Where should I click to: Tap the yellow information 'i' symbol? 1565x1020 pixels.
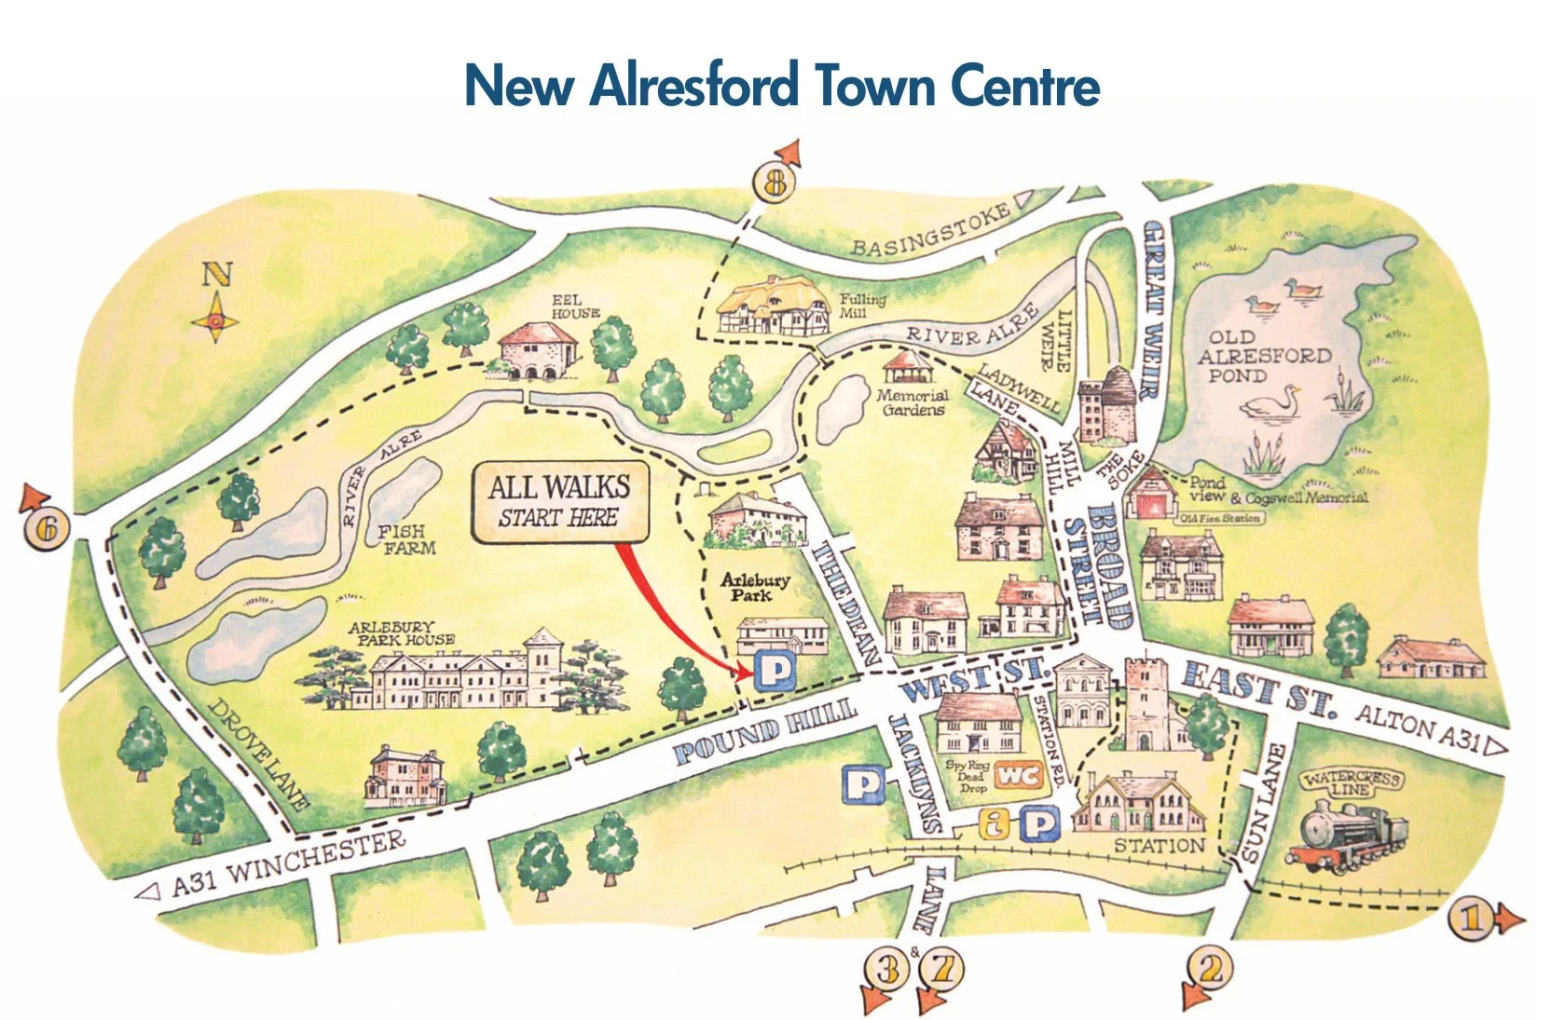[995, 823]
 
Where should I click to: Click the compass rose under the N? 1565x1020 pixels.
[216, 320]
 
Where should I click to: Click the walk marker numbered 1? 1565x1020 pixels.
[1471, 918]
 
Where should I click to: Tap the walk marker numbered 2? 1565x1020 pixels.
[1210, 969]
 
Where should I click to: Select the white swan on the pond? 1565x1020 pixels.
[1272, 403]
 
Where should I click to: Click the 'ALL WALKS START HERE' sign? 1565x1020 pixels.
[559, 501]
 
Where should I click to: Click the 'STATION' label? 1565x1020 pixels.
[1160, 846]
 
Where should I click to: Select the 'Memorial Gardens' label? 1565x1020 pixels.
[912, 402]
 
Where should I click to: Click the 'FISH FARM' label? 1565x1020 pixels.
[406, 539]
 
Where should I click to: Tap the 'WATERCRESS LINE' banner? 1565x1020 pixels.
[1351, 782]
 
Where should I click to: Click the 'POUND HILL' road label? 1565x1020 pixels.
[764, 731]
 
